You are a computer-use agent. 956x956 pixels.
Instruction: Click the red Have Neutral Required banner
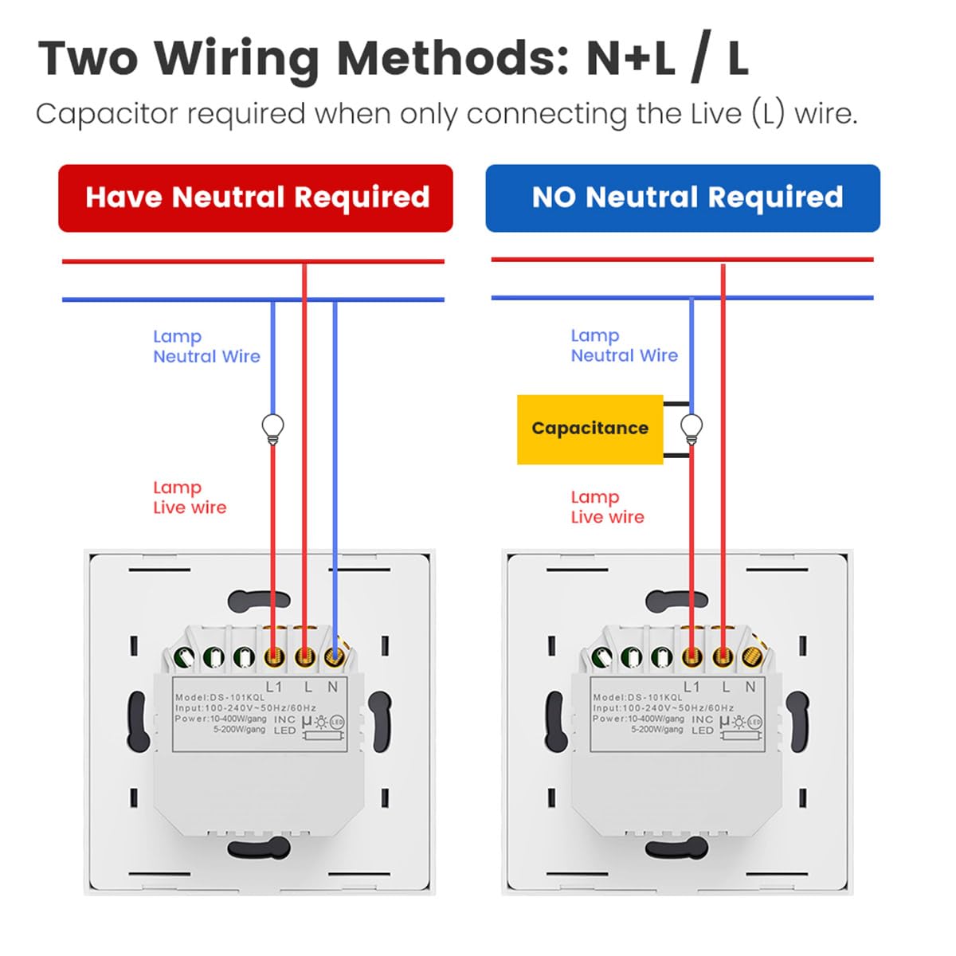256,198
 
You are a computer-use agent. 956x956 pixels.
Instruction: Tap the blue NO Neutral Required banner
683,198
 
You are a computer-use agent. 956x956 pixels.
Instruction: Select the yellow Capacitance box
590,429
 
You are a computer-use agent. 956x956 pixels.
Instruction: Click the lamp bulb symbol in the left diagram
273,429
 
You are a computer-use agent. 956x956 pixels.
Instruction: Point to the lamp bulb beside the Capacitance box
692,429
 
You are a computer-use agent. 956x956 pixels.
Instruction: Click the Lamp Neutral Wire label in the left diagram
206,347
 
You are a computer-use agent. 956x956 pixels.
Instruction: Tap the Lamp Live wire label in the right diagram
607,507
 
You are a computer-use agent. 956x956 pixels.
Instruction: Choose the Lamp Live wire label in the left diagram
190,497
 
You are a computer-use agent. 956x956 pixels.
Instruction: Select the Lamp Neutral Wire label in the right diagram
624,345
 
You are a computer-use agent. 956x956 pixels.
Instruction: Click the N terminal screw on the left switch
334,658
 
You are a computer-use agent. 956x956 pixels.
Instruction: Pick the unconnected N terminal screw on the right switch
751,658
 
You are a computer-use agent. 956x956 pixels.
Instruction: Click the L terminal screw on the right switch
723,658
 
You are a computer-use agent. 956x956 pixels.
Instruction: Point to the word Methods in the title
452,59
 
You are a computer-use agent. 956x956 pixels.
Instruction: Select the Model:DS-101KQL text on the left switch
220,697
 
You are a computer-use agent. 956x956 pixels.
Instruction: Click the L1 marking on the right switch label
692,687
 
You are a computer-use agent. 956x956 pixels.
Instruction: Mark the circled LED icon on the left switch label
337,723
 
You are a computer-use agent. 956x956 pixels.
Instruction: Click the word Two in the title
88,59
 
